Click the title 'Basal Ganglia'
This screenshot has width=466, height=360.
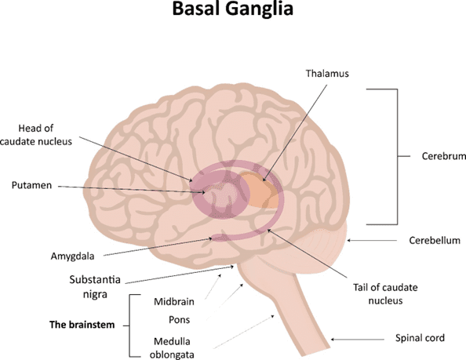[233, 9]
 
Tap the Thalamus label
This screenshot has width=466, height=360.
[327, 74]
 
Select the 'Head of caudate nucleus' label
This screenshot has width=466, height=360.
[35, 135]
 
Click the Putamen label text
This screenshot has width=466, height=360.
[31, 185]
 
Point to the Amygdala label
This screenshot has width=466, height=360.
[72, 256]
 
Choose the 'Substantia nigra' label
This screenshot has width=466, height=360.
[95, 286]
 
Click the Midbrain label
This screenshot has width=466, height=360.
[174, 302]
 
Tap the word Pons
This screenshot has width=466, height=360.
[179, 319]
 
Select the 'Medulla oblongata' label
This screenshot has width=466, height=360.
[172, 347]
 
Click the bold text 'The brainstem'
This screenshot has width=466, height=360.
[82, 325]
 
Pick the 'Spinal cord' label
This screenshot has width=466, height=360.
[420, 338]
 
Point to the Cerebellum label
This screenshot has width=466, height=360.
[435, 240]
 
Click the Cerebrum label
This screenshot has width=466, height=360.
[444, 156]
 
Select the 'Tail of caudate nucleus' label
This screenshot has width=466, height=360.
[385, 294]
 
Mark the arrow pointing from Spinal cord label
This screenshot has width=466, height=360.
[358, 339]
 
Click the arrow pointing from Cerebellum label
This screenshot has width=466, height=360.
[372, 240]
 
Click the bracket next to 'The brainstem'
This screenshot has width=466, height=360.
[130, 325]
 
